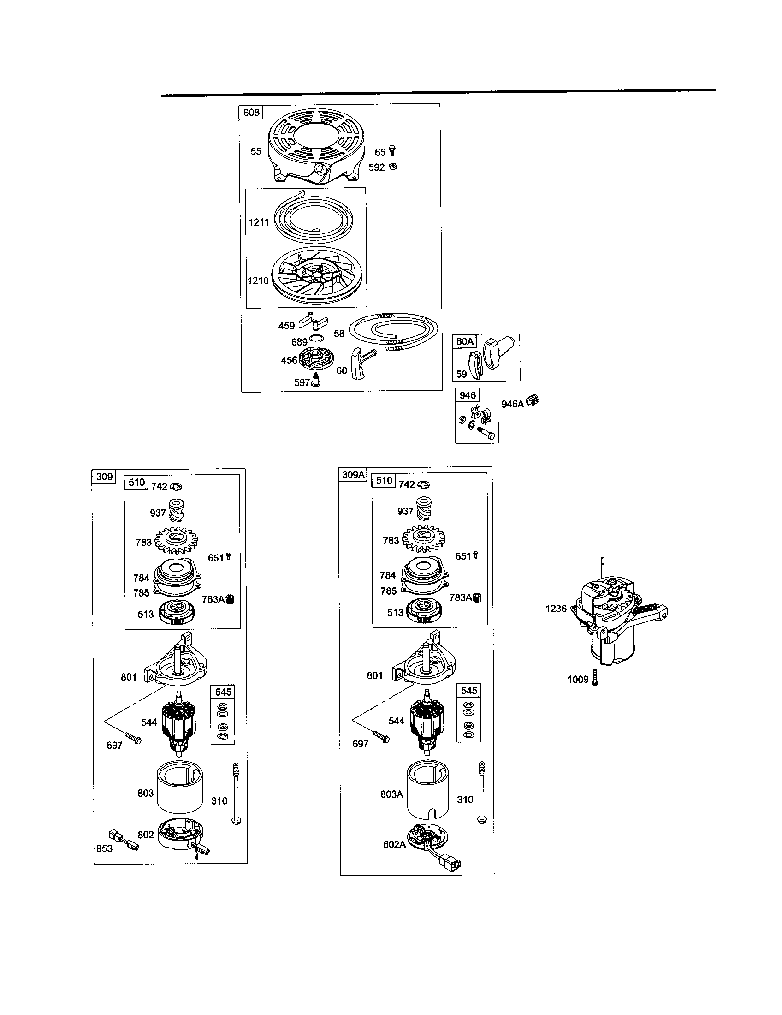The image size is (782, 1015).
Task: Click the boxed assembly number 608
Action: point(251,113)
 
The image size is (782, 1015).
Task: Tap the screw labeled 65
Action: point(393,151)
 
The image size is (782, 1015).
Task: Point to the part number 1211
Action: point(259,222)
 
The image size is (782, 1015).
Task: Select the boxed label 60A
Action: point(465,341)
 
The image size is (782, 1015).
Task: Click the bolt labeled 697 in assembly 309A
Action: point(382,737)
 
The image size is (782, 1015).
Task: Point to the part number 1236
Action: point(556,609)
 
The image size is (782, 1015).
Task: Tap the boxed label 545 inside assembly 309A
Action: point(468,691)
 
